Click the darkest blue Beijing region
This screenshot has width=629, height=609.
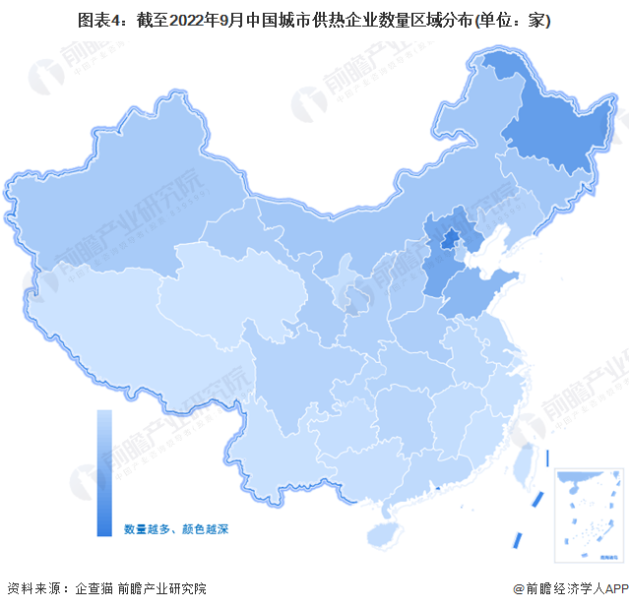(449, 240)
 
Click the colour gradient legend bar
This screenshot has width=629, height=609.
(104, 472)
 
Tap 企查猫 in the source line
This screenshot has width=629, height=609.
(94, 588)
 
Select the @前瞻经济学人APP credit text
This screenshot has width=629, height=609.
(568, 588)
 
